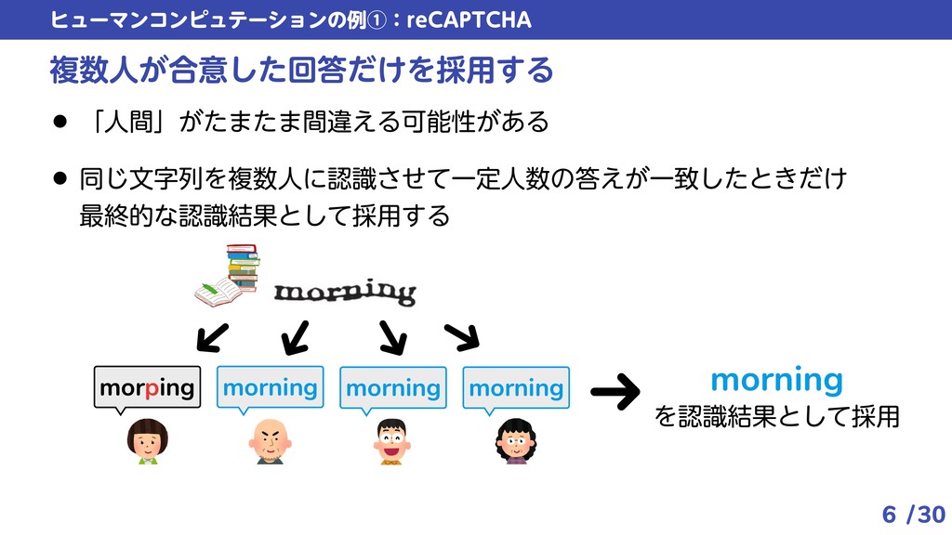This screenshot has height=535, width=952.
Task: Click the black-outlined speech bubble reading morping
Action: tap(147, 387)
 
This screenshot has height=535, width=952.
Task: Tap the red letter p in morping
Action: tap(151, 389)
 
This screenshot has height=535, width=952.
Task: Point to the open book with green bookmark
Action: tap(218, 293)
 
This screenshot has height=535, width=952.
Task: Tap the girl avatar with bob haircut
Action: tap(146, 440)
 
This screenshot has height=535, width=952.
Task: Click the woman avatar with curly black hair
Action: tap(515, 440)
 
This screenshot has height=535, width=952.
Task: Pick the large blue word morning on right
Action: tap(776, 380)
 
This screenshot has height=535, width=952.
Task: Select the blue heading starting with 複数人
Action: tap(301, 69)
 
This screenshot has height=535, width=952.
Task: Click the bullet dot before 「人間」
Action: tap(60, 121)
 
